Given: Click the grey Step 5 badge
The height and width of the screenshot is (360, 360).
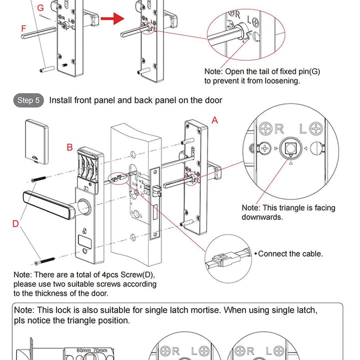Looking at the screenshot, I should pyautogui.click(x=28, y=100).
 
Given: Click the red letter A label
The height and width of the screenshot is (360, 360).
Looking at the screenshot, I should pyautogui.click(x=215, y=120).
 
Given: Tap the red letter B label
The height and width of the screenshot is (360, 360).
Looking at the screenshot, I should pyautogui.click(x=70, y=147).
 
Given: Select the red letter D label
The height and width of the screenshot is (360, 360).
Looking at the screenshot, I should pyautogui.click(x=15, y=223).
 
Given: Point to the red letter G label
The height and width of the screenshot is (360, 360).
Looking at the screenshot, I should pyautogui.click(x=40, y=8).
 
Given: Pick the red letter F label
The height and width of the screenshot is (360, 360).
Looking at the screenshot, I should pyautogui.click(x=23, y=29).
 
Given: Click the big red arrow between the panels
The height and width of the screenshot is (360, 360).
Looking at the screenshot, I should pyautogui.click(x=112, y=19).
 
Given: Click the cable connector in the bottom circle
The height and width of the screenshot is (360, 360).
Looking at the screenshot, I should pyautogui.click(x=220, y=260).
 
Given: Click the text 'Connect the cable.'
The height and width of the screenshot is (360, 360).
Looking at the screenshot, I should pyautogui.click(x=290, y=253).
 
